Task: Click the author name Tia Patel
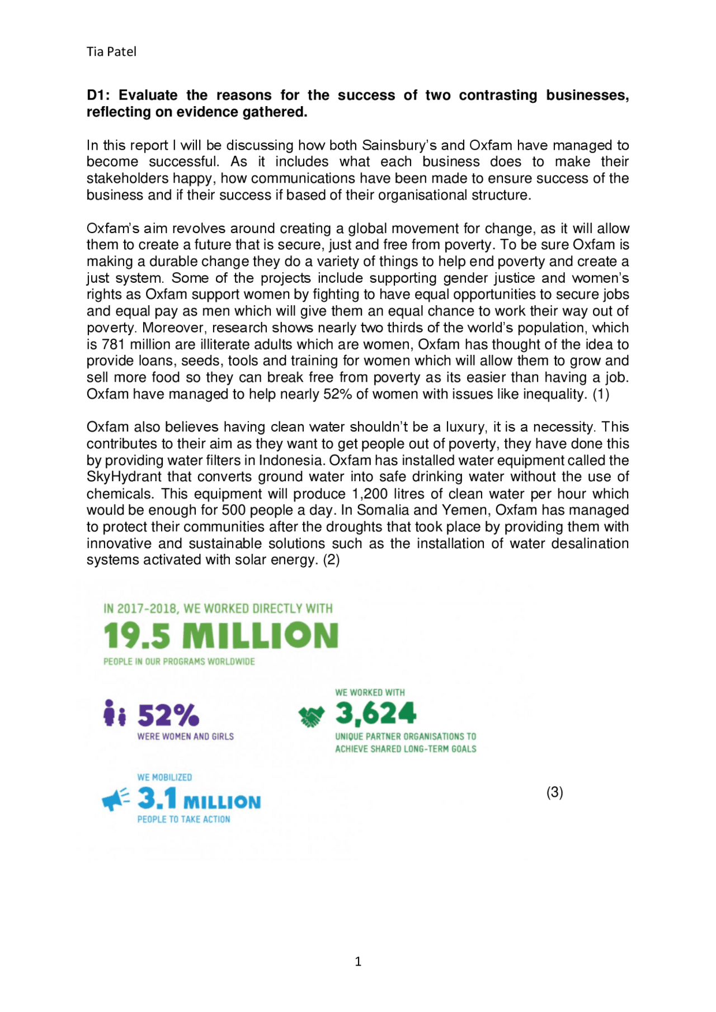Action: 111,52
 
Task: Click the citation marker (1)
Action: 600,394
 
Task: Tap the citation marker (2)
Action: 331,560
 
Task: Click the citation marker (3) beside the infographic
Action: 554,792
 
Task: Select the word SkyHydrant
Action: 124,477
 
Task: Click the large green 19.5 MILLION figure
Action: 221,636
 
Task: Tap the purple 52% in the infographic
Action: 168,715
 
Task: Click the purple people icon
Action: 115,714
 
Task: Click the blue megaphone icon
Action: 116,800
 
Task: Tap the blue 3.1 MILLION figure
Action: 199,799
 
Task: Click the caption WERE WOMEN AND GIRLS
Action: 185,737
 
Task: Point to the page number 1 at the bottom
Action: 358,961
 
